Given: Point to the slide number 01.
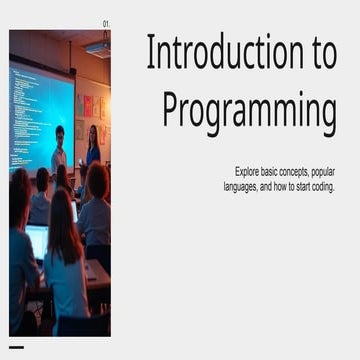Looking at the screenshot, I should (107, 23).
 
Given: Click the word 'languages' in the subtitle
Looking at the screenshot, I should (242, 186).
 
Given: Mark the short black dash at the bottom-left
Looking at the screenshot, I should (16, 347).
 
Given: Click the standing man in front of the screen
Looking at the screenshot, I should (60, 148).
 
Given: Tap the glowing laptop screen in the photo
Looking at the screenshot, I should (37, 241).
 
